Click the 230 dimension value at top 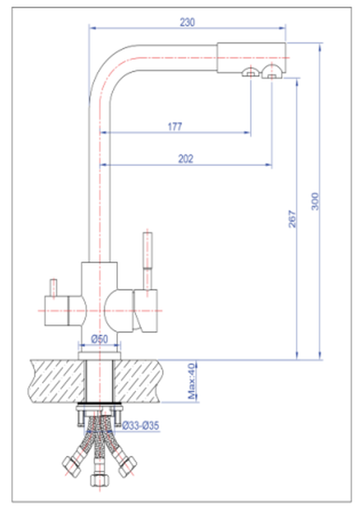(187, 22)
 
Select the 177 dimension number (174, 127)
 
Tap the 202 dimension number (186, 158)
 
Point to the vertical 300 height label (315, 201)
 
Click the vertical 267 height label (293, 219)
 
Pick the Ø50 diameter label (100, 339)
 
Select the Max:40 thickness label (191, 381)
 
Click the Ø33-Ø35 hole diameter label (141, 426)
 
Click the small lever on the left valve (53, 288)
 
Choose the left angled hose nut (71, 466)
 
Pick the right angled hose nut (128, 466)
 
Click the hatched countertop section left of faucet (56, 381)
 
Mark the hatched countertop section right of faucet (138, 381)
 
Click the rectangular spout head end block (252, 57)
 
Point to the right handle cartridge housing (145, 311)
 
